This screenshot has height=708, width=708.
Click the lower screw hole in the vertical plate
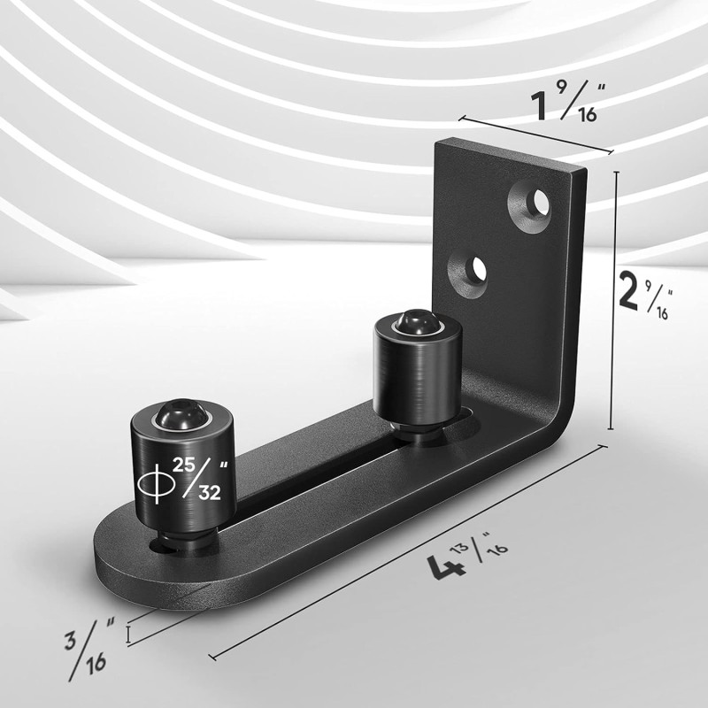click(476, 267)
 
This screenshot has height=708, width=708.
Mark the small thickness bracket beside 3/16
click(129, 634)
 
